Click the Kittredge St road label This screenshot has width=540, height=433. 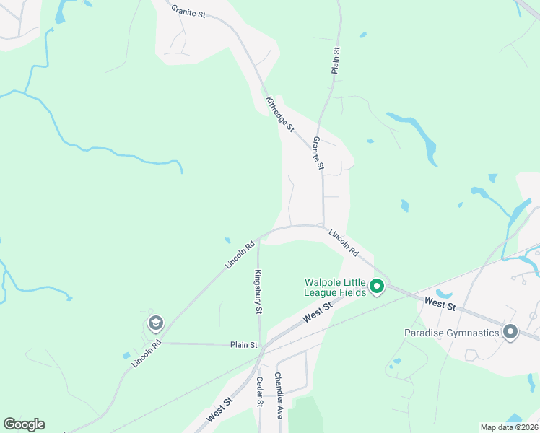pos(279,114)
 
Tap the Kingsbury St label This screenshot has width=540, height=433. pos(257,292)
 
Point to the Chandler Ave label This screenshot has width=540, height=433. pos(277,395)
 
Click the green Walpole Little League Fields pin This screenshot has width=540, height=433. pos(376,287)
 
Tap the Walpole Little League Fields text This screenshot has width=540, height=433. pos(336,287)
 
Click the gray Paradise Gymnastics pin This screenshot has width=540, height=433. pos(510,332)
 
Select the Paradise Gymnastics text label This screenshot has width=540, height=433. pos(452,333)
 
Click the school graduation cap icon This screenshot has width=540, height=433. pos(154,323)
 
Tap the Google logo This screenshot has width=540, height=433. pos(24,424)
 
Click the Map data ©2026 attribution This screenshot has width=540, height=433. pos(510,427)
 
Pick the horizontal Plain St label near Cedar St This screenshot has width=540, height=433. pos(244,345)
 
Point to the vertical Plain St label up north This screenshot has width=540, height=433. pos(336,61)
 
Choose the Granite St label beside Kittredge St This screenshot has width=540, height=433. pos(318,153)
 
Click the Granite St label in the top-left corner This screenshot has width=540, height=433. pos(189,12)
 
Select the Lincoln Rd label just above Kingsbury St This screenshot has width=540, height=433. pos(240,255)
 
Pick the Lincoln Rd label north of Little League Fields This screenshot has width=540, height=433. pos(344,243)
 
